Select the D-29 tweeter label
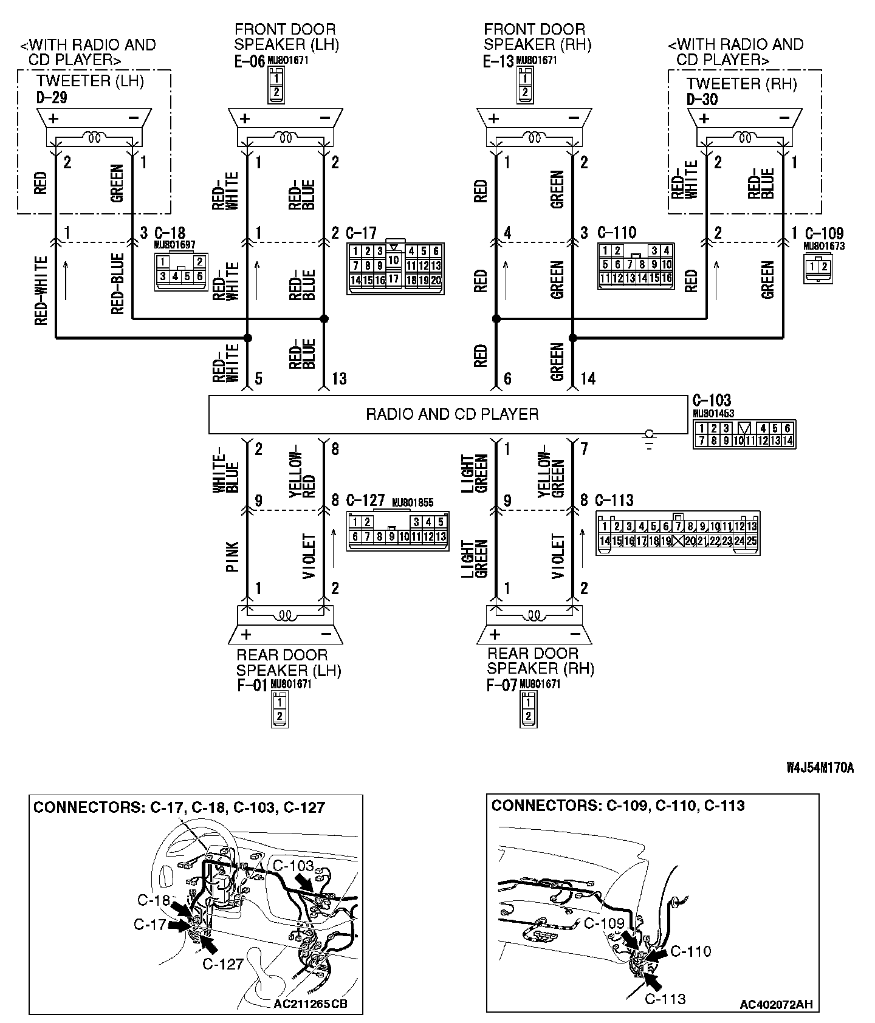(52, 98)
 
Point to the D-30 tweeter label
(702, 99)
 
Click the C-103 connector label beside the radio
(712, 400)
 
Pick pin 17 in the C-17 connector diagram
(394, 279)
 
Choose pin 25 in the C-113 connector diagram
(752, 541)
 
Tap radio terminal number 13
(338, 379)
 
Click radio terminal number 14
(588, 379)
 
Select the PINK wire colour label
(232, 556)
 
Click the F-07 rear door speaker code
(501, 686)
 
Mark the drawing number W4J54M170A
(820, 768)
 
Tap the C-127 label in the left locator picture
(222, 963)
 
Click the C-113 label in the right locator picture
(665, 999)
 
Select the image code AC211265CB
(310, 1004)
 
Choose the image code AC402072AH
(775, 1004)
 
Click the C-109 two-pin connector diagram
(818, 267)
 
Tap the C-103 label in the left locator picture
(293, 866)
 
